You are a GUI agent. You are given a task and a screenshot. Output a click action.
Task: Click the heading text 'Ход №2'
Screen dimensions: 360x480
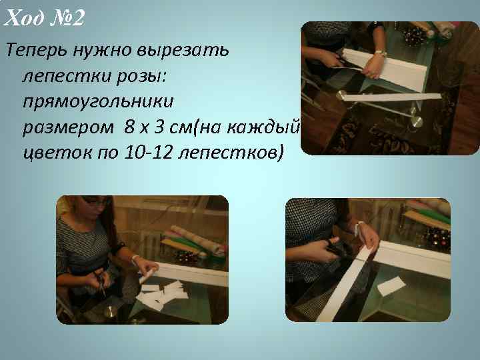tap(44, 19)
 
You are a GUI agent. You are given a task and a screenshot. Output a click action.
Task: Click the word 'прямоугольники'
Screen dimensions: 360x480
tap(97, 102)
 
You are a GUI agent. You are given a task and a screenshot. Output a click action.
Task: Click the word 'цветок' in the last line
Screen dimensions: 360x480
tap(56, 153)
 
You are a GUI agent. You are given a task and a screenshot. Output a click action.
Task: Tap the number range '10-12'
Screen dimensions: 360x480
tap(149, 153)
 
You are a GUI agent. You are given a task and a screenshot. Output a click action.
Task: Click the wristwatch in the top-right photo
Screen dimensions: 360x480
tap(381, 53)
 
